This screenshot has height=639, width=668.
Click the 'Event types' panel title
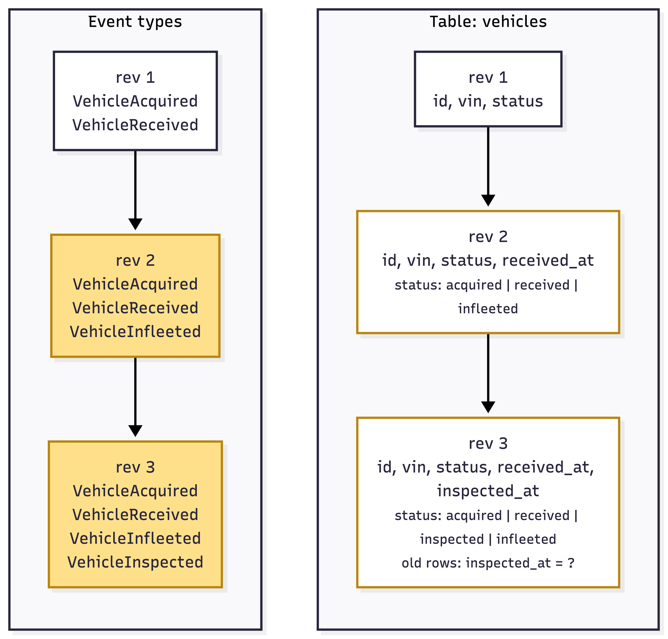point(135,22)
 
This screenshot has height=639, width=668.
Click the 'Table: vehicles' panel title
point(488,22)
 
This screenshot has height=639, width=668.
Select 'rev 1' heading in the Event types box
point(135,78)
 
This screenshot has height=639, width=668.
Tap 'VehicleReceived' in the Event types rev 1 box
point(135,125)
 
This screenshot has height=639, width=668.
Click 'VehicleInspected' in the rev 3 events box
point(135,562)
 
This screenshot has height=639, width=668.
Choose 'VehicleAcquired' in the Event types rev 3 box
point(135,491)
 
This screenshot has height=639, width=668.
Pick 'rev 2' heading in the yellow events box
point(135,261)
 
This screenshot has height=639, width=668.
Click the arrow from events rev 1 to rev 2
point(135,190)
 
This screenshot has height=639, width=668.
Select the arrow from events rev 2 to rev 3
point(135,397)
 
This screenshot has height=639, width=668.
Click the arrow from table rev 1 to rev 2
point(488,166)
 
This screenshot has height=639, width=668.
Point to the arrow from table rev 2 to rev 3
point(488,373)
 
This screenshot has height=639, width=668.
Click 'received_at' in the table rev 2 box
point(548,261)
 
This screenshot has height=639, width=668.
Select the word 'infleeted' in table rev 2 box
point(488,309)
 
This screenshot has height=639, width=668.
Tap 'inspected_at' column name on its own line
point(488,491)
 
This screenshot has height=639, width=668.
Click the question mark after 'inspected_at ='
point(571,563)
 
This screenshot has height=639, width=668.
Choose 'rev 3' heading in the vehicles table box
point(488,444)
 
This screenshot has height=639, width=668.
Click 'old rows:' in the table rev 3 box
point(431,563)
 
